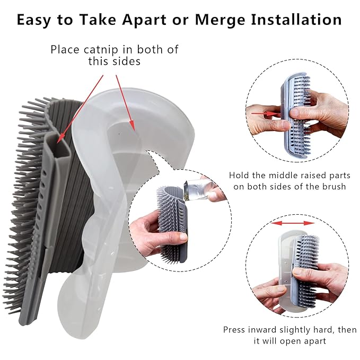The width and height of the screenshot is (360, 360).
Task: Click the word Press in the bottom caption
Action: [235, 329]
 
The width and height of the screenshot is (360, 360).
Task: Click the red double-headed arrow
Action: [290, 224]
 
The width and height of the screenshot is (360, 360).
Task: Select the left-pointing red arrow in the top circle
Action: [264, 113]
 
